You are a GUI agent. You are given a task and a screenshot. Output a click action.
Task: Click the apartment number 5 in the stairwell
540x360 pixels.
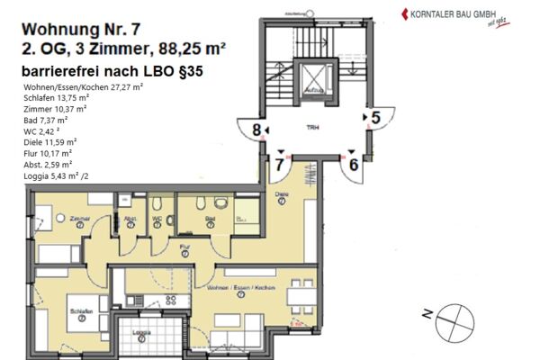pyautogui.click(x=375, y=116)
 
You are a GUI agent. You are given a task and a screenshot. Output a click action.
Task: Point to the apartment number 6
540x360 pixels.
pyautogui.click(x=354, y=164)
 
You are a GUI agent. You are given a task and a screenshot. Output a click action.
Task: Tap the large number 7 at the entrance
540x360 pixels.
pyautogui.click(x=281, y=165)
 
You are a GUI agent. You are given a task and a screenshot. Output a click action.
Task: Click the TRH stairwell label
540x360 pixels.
pyautogui.click(x=311, y=129)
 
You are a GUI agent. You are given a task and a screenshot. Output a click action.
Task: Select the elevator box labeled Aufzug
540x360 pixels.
pyautogui.click(x=314, y=85)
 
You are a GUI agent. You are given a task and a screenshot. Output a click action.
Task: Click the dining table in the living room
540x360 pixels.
pyautogui.click(x=301, y=295)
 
